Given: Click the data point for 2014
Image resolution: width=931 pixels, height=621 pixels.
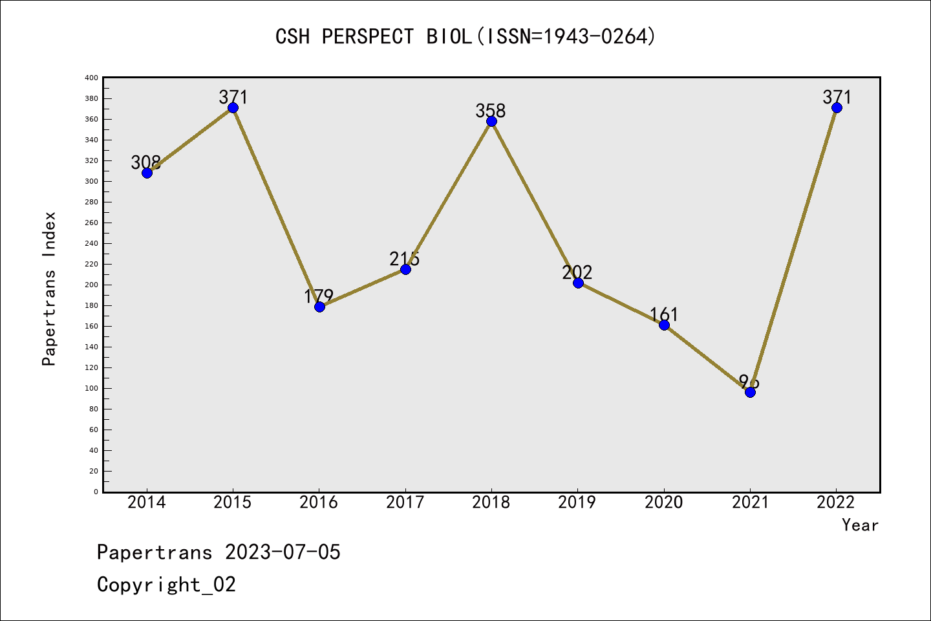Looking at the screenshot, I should tap(147, 173).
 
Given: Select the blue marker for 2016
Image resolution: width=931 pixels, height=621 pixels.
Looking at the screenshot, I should tap(319, 307).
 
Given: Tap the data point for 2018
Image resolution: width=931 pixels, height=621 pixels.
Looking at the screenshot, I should tap(491, 121).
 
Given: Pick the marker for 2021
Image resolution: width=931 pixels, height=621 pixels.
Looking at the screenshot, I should tap(750, 392).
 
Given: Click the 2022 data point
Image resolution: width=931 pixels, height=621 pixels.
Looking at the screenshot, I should tap(837, 107).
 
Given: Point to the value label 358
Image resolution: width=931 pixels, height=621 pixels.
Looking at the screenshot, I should tap(491, 111).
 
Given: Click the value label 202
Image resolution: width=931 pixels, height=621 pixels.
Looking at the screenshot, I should tap(577, 272).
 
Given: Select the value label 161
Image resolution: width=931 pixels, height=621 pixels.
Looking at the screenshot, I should tap(664, 314).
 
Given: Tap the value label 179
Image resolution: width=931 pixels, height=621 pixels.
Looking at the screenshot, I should tap(319, 296).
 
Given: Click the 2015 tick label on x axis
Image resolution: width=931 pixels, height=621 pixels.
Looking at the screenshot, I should tap(233, 502).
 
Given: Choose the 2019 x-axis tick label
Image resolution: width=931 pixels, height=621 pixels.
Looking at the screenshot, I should tap(577, 502).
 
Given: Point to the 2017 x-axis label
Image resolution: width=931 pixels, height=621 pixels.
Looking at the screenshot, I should tap(405, 502).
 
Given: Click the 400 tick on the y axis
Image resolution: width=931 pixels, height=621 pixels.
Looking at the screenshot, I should tap(91, 78).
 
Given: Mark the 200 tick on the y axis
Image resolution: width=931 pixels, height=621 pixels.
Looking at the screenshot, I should tap(91, 285).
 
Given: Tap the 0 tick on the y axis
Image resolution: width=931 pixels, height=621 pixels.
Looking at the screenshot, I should tap(96, 492).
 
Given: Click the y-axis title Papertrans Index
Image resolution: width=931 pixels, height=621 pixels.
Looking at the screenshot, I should tap(49, 289).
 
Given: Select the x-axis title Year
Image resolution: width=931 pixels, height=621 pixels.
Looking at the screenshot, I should tap(860, 525).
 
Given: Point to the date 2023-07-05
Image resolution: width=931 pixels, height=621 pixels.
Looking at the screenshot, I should tap(283, 552).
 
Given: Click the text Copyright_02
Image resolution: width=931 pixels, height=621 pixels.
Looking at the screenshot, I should tap(166, 585).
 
